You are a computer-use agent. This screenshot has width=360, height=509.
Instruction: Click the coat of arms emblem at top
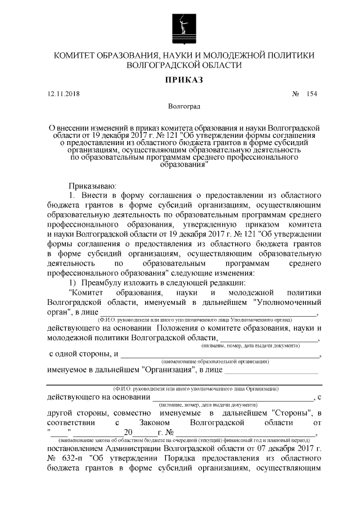click(x=180, y=25)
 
